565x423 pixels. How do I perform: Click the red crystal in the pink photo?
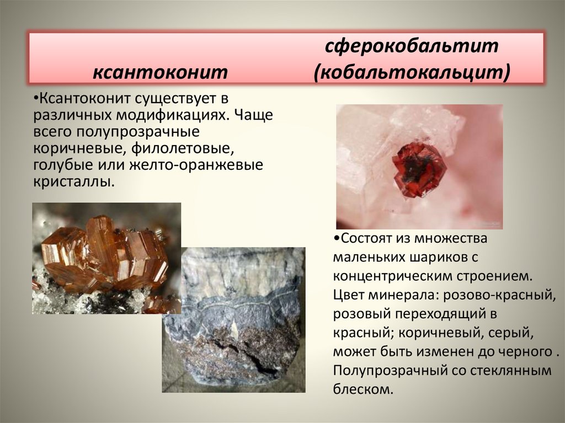point(418,169)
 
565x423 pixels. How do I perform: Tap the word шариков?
point(430,257)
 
